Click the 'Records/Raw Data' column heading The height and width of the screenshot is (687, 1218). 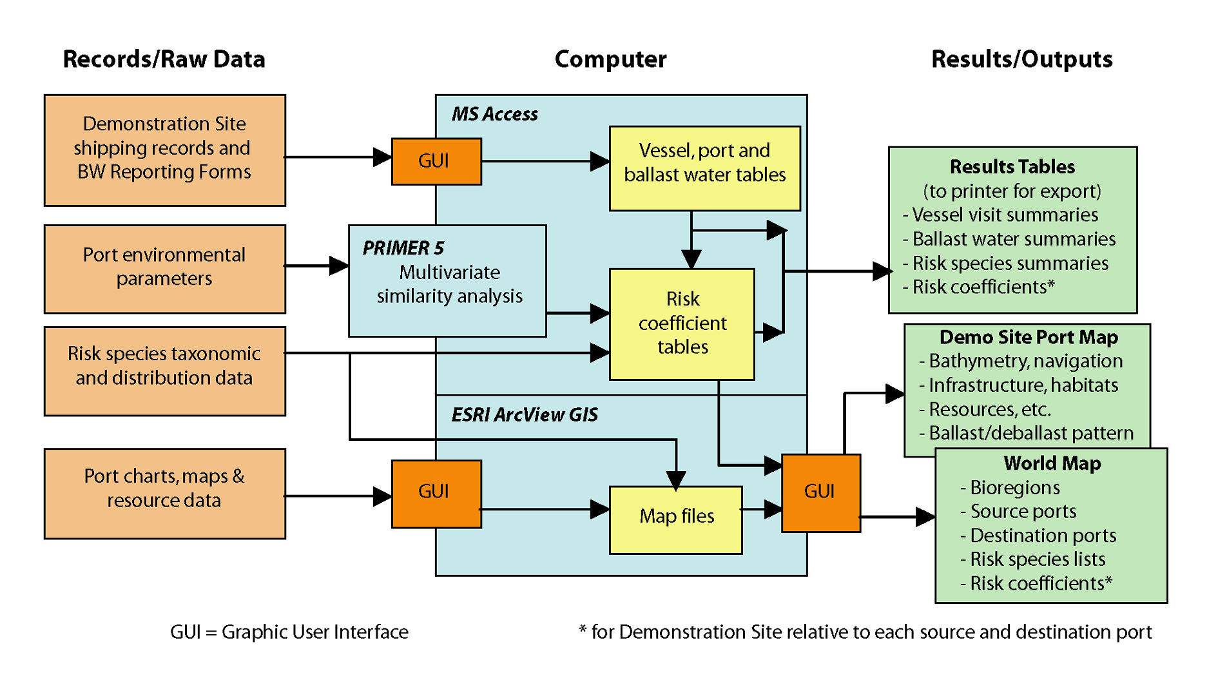coord(164,59)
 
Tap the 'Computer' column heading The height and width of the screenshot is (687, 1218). coord(610,59)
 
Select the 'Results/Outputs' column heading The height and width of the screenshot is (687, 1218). coord(1021,59)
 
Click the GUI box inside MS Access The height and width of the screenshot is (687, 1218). coord(436,161)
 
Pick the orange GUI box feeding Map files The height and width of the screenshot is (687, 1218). coord(436,493)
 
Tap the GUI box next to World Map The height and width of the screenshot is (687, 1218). coord(820,493)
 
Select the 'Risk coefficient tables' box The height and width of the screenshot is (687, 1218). coord(682,324)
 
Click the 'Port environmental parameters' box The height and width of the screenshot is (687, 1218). coord(164,267)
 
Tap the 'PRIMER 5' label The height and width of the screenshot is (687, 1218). coord(403,248)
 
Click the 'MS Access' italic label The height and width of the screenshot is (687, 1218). coord(494,115)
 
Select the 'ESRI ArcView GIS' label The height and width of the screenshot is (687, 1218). coord(525,415)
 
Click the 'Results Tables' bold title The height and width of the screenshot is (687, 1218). coord(1012,167)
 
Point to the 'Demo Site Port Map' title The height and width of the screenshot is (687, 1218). coord(1029,337)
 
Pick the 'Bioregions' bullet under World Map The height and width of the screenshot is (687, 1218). coord(1014,488)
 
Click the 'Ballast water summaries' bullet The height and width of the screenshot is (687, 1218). coord(1013,239)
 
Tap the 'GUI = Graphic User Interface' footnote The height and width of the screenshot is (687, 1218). coord(289,632)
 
